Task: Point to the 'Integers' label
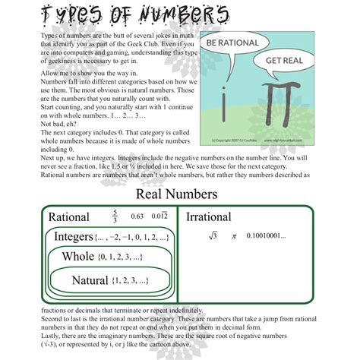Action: pyautogui.click(x=73, y=237)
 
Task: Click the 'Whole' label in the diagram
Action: pyautogui.click(x=78, y=257)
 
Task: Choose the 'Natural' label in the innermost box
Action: pyautogui.click(x=90, y=280)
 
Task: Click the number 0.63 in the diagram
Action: pyautogui.click(x=137, y=218)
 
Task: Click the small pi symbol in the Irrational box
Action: pyautogui.click(x=235, y=236)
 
